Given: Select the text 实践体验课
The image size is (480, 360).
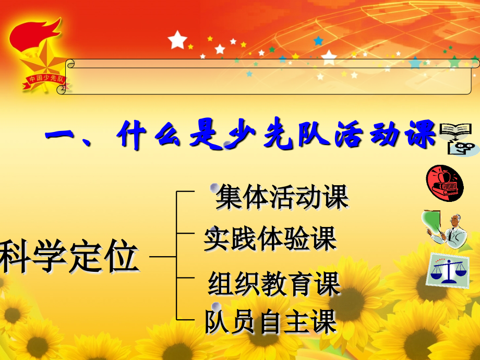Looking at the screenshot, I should (x=270, y=238).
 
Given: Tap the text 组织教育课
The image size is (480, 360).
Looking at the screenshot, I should (x=274, y=284).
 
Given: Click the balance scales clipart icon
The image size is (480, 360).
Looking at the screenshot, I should (x=447, y=270).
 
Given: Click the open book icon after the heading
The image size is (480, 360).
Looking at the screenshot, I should (x=453, y=130).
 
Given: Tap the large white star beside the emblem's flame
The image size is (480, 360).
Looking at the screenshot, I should (x=177, y=39).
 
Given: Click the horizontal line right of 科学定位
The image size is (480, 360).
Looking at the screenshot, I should (x=163, y=257).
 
